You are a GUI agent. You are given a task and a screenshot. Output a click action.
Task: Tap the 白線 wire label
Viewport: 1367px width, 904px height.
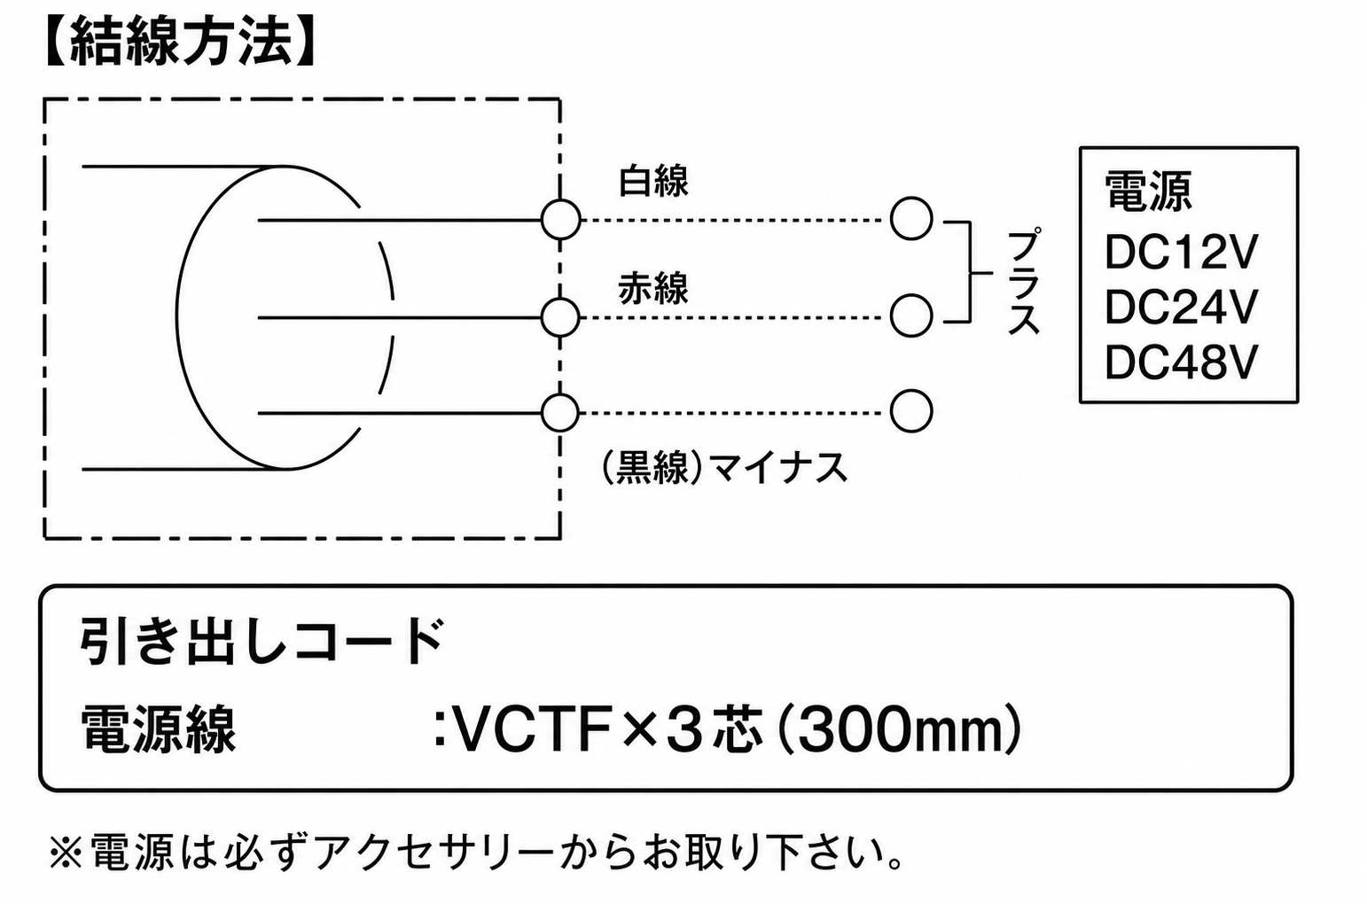point(653,181)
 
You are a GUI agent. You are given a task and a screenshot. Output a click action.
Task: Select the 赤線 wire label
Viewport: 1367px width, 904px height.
point(653,288)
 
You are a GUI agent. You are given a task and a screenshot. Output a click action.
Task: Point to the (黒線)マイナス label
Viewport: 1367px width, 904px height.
point(724,468)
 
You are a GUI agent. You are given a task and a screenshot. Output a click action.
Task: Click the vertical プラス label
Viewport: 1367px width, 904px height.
point(1023,281)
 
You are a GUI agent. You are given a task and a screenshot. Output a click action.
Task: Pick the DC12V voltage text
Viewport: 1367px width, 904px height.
point(1182,252)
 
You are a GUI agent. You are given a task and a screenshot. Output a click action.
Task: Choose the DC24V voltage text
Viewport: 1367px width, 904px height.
point(1182,307)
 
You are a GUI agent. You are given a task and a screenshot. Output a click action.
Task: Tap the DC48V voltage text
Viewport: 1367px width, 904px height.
point(1182,362)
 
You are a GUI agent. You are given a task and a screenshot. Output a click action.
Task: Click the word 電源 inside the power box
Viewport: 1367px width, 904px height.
point(1148,191)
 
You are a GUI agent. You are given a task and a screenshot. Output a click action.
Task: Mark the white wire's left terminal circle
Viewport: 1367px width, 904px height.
point(560,220)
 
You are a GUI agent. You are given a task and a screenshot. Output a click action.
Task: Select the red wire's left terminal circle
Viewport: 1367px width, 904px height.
point(560,317)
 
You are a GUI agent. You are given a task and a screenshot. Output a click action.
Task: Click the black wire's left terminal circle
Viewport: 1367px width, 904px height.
point(560,413)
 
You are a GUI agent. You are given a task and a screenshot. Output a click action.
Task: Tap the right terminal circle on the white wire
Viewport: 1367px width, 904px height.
point(911,218)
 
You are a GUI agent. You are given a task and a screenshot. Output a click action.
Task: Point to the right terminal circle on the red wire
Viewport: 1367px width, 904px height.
point(911,316)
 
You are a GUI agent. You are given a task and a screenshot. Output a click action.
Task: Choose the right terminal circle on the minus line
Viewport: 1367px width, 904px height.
point(911,412)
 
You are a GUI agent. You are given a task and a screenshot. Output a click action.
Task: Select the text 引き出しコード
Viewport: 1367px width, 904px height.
point(262,642)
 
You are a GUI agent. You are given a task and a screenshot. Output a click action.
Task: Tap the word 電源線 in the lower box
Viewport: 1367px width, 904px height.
point(158,729)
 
